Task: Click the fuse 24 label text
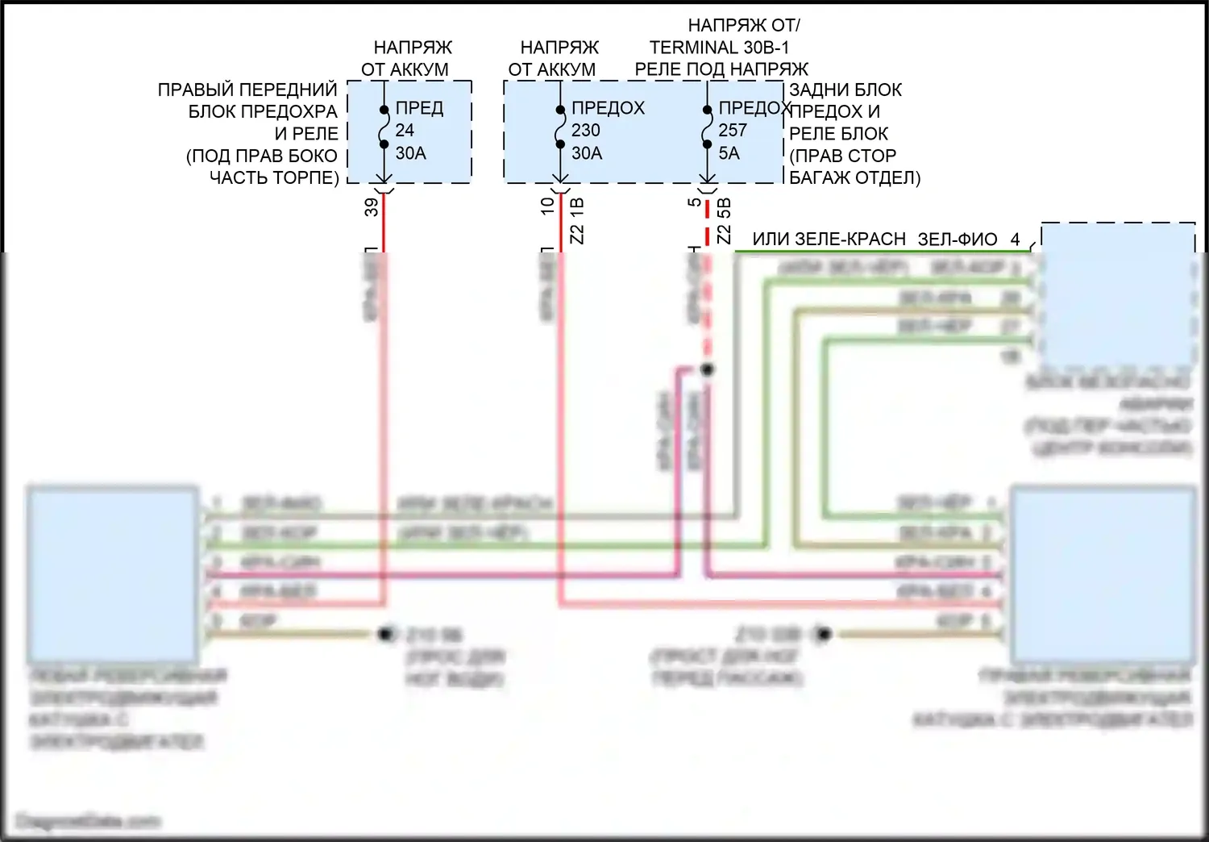coord(405,130)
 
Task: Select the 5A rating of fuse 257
coord(729,152)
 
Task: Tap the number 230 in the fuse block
coord(586,130)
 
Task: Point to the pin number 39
coord(372,207)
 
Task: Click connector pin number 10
coord(548,206)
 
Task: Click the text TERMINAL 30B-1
coord(719,48)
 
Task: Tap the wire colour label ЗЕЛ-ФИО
coord(958,240)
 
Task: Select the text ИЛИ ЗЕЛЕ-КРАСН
coord(829,240)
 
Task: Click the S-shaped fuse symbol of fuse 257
coord(707,127)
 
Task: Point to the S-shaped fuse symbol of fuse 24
coord(384,127)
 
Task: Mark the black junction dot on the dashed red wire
coord(707,369)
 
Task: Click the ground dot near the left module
coord(386,634)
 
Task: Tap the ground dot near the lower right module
coord(822,634)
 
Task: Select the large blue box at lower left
coord(113,573)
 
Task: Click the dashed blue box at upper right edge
coord(1118,294)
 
